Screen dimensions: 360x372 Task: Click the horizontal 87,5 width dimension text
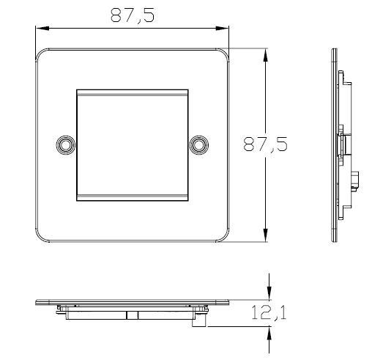132,15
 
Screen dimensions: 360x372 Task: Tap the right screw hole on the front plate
198,144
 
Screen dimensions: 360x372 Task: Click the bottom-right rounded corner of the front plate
223,237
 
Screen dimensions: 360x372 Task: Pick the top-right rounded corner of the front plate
223,54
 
